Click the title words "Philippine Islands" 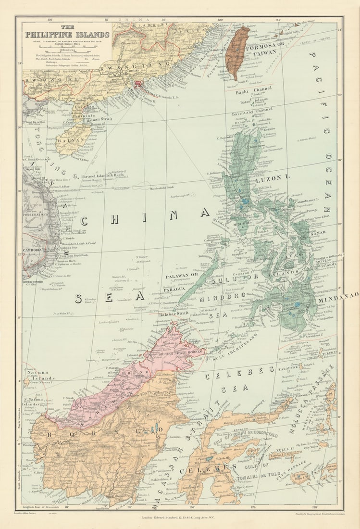click(67, 35)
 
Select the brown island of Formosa click(238, 50)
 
